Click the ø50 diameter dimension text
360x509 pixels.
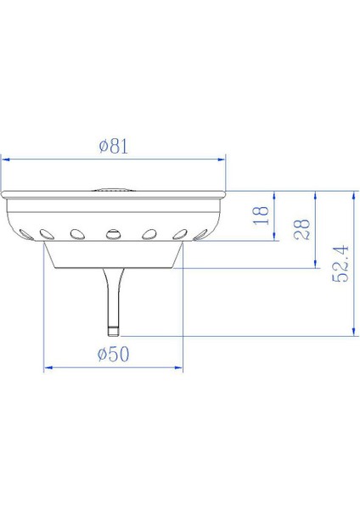point(112,355)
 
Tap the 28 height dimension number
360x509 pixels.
point(301,227)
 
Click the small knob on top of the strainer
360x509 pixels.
point(113,190)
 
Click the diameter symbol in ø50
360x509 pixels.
point(101,355)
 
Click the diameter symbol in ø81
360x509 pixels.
point(102,146)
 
